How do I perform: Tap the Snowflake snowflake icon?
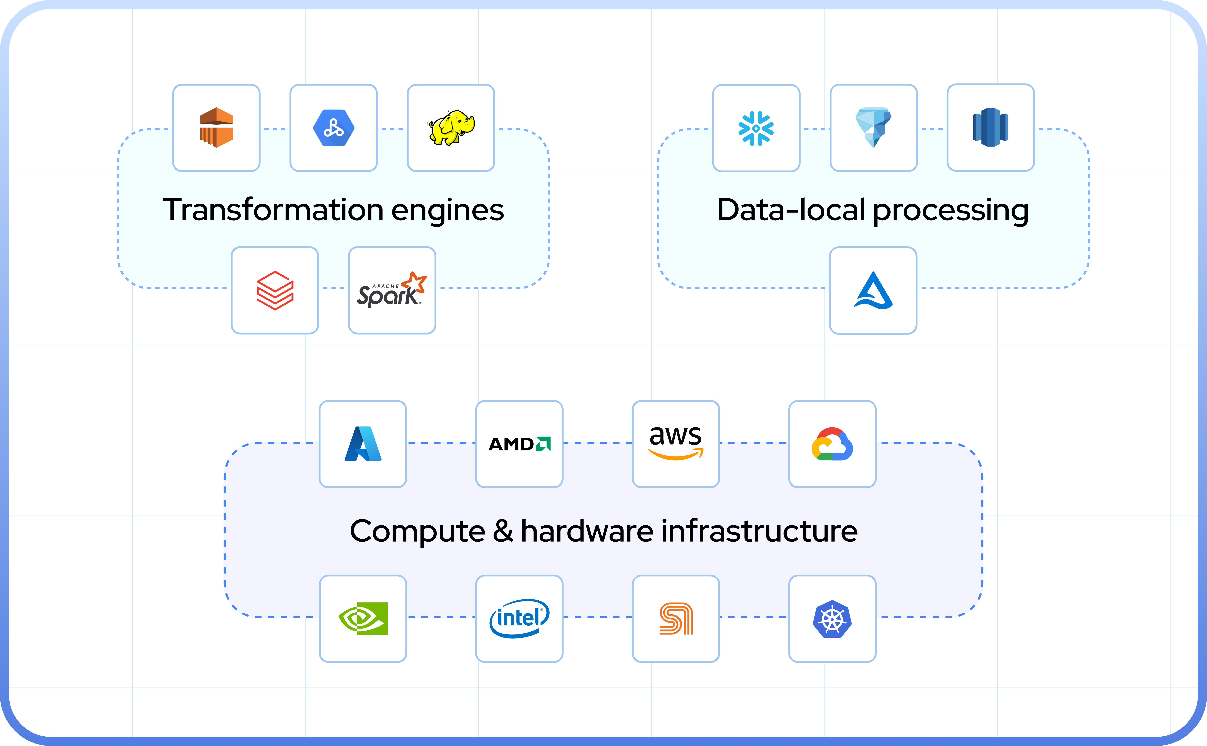click(756, 128)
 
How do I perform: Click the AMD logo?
click(519, 444)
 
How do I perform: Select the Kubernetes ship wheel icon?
click(832, 619)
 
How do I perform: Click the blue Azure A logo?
click(363, 444)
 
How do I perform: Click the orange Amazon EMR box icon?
click(216, 128)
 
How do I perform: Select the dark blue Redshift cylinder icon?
click(990, 128)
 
